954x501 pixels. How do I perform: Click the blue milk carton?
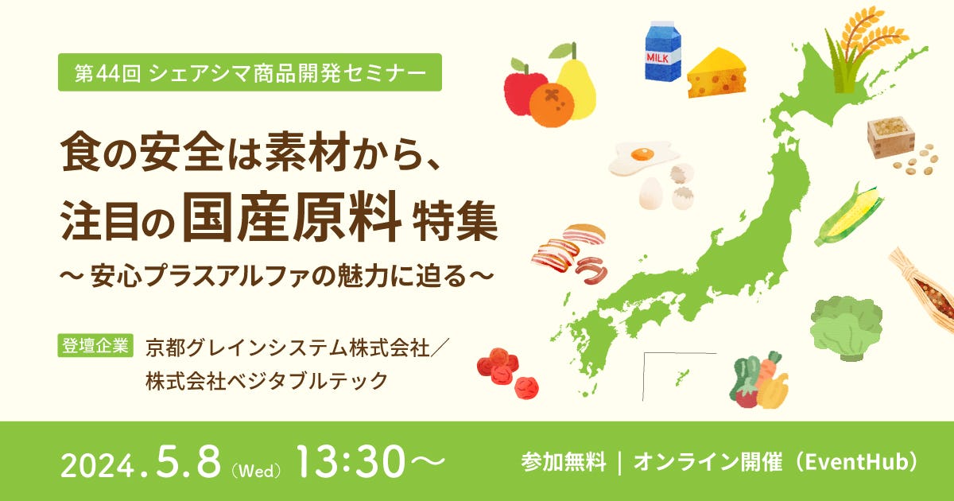663,51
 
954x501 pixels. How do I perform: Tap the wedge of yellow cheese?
716,73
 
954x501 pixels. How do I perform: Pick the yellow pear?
575,85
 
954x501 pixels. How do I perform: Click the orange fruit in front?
551,105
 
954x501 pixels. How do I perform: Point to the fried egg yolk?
642,153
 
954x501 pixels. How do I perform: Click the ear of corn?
847,216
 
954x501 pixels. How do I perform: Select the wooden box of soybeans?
890,136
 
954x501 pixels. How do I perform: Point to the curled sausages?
592,270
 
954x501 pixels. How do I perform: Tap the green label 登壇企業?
95,345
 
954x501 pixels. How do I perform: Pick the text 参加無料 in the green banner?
564,462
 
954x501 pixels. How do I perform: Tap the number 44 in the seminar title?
106,73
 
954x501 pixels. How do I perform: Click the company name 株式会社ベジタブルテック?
266,380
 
